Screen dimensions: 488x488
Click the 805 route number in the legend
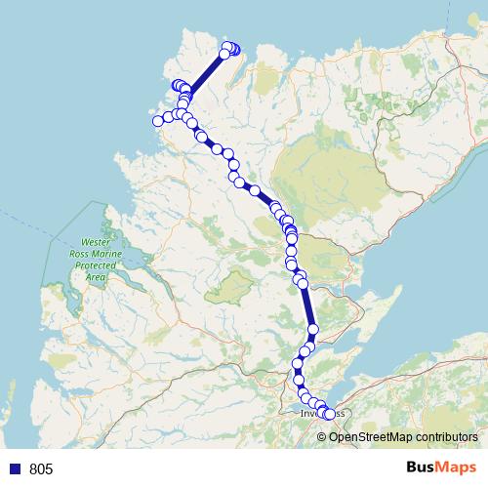click(41, 469)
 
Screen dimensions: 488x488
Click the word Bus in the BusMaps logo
click(421, 468)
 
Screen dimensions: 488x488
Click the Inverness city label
click(310, 414)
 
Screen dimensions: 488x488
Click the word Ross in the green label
click(95, 253)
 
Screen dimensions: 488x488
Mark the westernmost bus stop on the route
click(158, 121)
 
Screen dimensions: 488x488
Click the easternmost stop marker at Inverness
click(329, 415)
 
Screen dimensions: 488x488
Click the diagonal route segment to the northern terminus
click(206, 74)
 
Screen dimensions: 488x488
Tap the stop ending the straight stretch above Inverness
click(313, 330)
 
